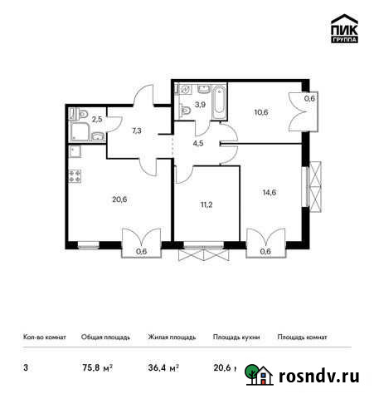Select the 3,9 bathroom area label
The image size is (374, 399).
click(x=198, y=105)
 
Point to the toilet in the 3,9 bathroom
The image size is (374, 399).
click(x=183, y=108)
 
